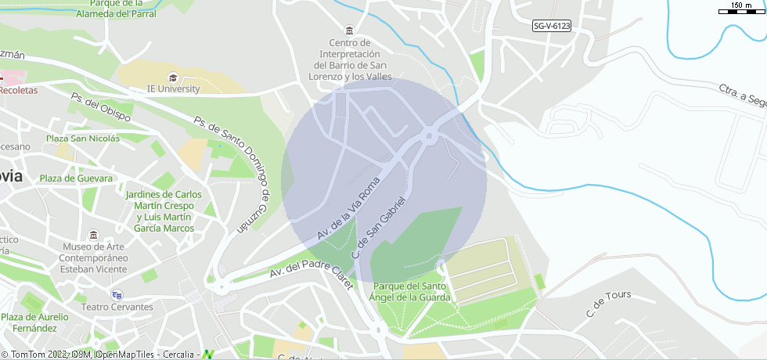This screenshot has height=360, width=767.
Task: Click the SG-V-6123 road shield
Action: click(552, 26)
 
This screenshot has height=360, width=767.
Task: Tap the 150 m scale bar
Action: click(741, 10)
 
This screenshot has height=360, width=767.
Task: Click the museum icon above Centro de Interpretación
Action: click(348, 31)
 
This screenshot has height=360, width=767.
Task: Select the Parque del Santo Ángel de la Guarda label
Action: click(412, 292)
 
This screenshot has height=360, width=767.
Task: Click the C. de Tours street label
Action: click(608, 304)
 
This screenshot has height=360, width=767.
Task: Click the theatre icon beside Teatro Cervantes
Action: click(117, 295)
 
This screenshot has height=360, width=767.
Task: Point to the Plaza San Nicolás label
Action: click(82, 139)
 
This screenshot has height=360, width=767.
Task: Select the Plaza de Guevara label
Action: click(77, 178)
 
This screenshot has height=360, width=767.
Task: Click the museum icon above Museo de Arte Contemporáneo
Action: click(94, 236)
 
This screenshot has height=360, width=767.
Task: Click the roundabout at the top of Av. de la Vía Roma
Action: click(430, 136)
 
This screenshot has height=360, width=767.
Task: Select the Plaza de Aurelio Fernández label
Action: click(34, 322)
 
